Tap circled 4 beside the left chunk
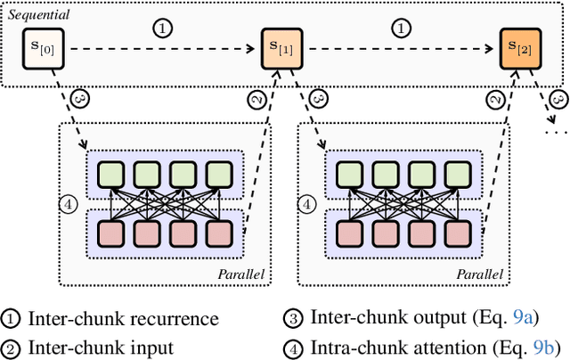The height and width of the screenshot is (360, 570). tap(71, 204)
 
